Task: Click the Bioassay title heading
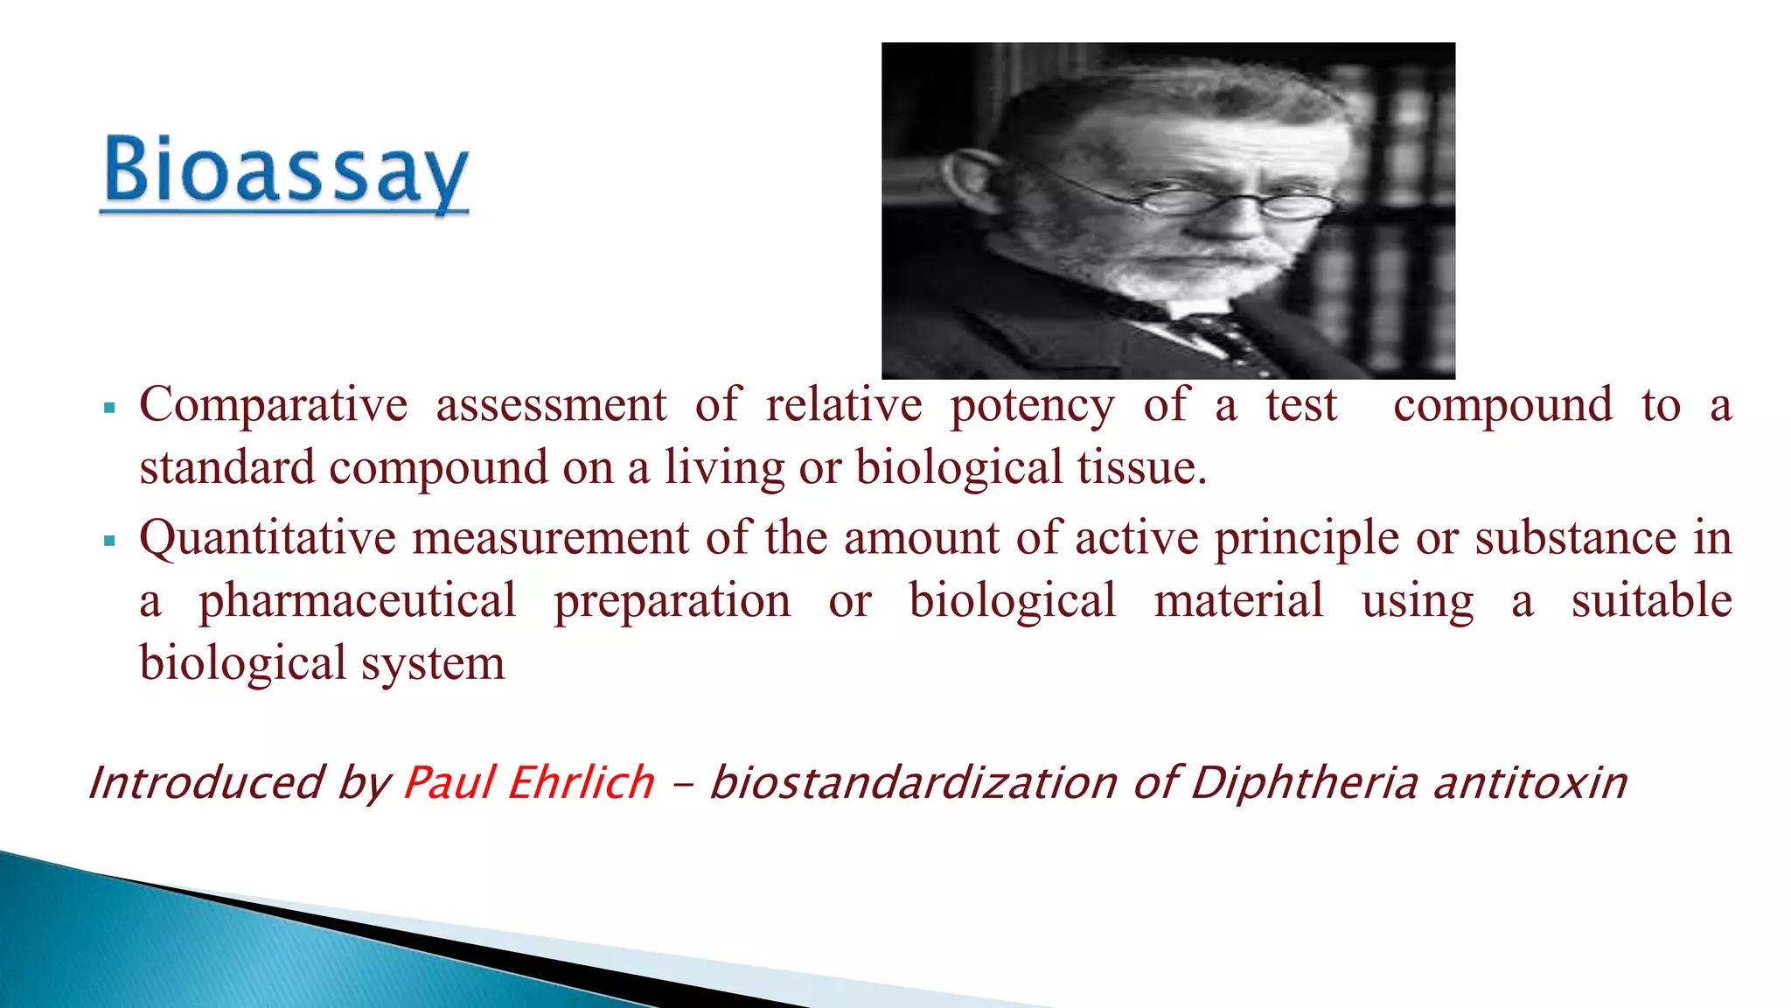(285, 172)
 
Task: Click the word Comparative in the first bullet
(273, 406)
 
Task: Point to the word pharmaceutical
(357, 602)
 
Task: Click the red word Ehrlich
(580, 782)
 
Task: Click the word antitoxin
(1530, 782)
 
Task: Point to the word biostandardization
(913, 782)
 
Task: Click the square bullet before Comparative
(109, 408)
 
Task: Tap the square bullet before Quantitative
(109, 541)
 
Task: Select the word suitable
(1651, 602)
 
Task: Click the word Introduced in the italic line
(206, 782)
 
